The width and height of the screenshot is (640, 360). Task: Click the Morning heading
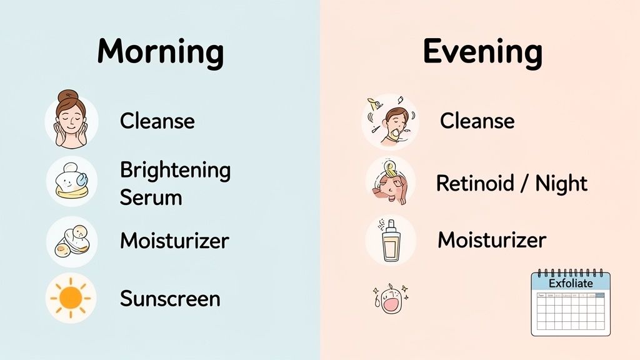pyautogui.click(x=161, y=52)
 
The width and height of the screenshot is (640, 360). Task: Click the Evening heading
pyautogui.click(x=482, y=52)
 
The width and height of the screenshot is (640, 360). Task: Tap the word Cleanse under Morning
pyautogui.click(x=157, y=121)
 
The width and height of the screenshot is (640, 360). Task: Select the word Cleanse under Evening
pyautogui.click(x=477, y=121)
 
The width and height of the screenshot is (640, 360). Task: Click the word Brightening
pyautogui.click(x=175, y=170)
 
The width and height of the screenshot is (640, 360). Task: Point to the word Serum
pyautogui.click(x=151, y=197)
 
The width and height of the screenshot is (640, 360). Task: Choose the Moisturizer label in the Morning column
pyautogui.click(x=174, y=241)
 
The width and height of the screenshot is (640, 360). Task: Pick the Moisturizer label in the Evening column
pyautogui.click(x=492, y=239)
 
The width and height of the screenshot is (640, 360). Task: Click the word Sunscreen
pyautogui.click(x=170, y=298)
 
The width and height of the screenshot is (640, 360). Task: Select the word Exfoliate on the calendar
pyautogui.click(x=570, y=283)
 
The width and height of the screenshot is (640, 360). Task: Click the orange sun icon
pyautogui.click(x=71, y=298)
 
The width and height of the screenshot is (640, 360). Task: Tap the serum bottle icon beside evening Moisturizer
pyautogui.click(x=391, y=241)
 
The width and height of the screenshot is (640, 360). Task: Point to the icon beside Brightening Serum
pyautogui.click(x=71, y=182)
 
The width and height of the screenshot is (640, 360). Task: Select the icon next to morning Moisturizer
pyautogui.click(x=71, y=241)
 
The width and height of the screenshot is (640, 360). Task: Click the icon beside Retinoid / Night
pyautogui.click(x=390, y=182)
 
